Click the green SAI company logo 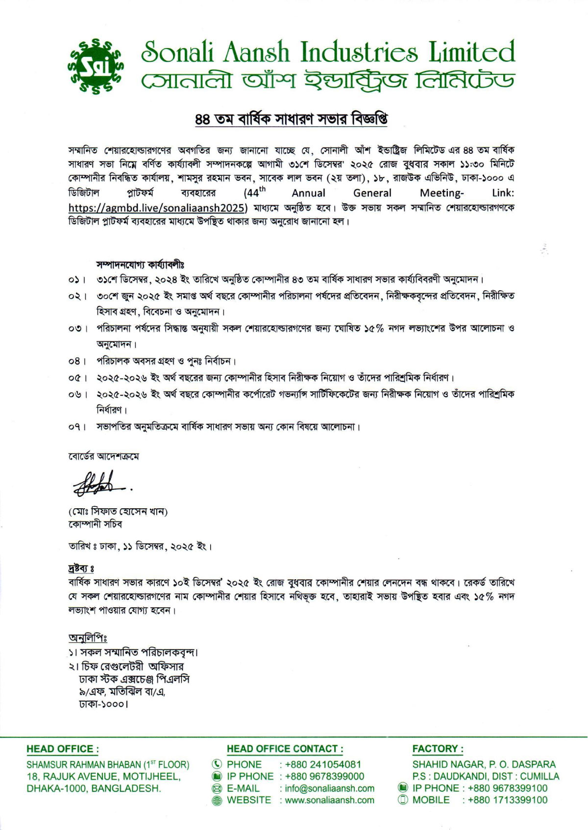click(96, 65)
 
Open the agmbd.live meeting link click(158, 207)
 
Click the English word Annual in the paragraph click(308, 193)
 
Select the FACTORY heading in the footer click(438, 749)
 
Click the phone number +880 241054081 click(323, 764)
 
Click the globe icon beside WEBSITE click(217, 800)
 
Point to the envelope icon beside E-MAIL click(217, 788)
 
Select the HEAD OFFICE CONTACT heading click(285, 749)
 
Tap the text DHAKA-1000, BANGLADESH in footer click(94, 788)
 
